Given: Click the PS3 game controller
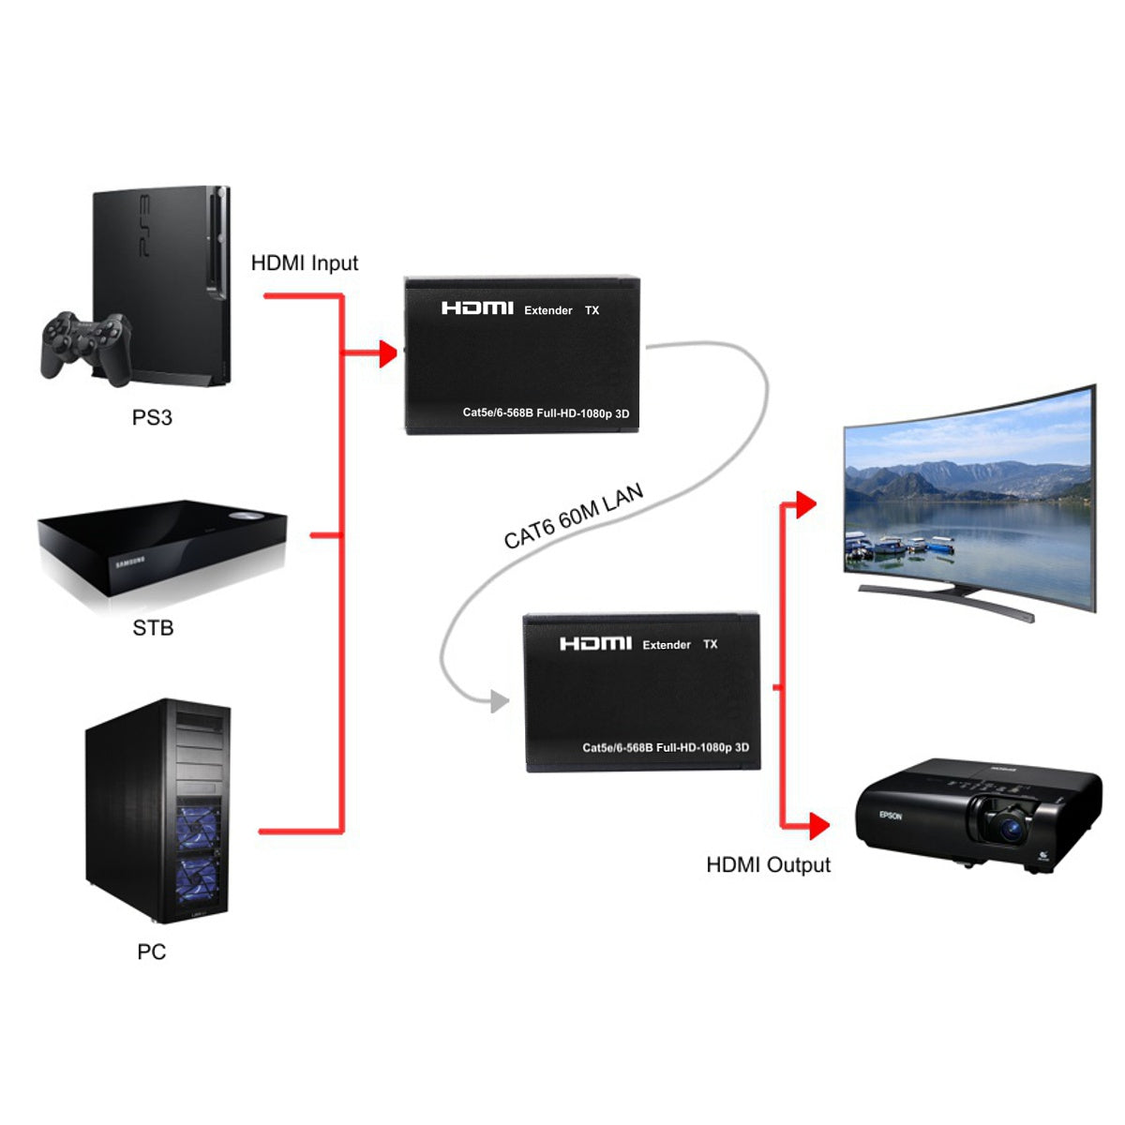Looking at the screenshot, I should (84, 345).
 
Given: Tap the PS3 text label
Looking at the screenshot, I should (152, 417).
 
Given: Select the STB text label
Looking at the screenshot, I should (153, 627).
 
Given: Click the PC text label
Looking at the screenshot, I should (151, 952).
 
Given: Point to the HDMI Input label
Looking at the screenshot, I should (305, 263).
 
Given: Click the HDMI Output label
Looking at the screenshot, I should (768, 864).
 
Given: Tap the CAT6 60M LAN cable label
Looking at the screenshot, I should (574, 517).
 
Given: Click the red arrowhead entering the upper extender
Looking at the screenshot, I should (387, 354).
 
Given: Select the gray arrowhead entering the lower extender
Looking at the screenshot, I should (499, 700).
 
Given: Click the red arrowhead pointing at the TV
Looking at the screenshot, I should (805, 504).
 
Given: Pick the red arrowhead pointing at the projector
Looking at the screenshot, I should (818, 826).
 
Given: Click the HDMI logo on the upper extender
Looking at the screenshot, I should (477, 308).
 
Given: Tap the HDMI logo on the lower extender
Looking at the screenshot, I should (595, 643).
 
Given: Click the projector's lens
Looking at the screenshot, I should (1011, 827).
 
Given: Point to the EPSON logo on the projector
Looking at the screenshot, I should (891, 815).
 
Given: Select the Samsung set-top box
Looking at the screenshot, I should (161, 553).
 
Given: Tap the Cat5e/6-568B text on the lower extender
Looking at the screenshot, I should (617, 748).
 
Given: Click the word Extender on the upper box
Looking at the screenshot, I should (548, 310).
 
